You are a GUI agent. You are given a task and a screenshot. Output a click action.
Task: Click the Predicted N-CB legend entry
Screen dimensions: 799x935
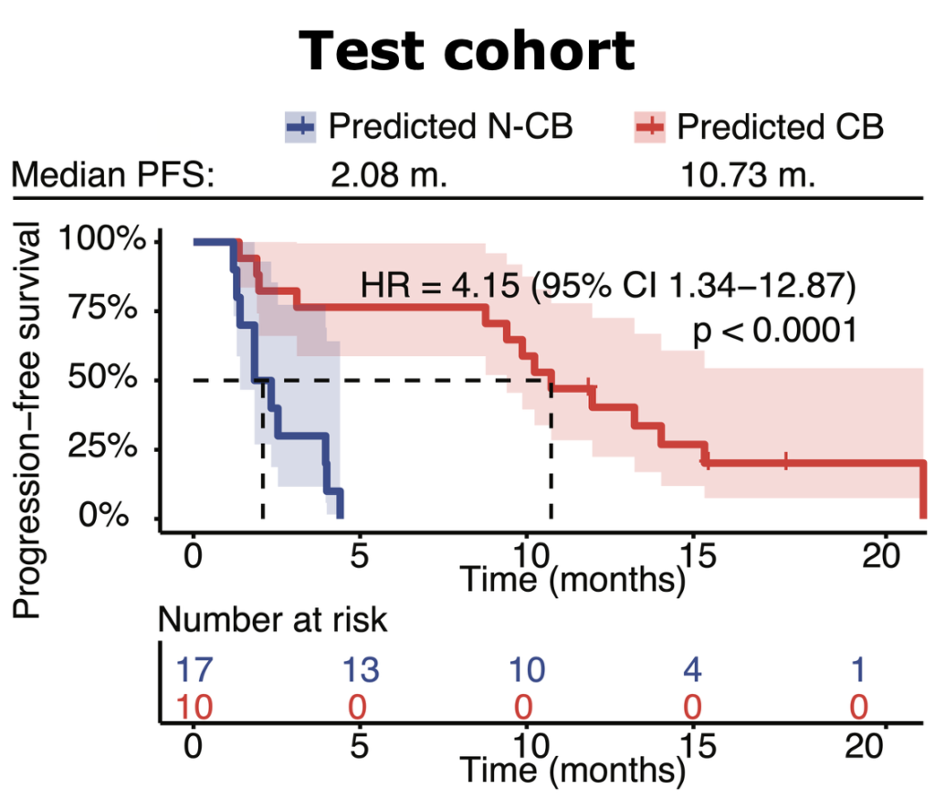click(x=429, y=127)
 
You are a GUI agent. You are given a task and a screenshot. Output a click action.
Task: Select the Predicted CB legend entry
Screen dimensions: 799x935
click(x=759, y=127)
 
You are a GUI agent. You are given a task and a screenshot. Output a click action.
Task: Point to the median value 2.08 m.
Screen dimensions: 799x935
click(x=389, y=173)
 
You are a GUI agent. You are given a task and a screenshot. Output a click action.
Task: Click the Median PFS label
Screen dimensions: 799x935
click(x=112, y=173)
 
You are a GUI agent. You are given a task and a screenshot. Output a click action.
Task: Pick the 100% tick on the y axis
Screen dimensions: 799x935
click(x=102, y=241)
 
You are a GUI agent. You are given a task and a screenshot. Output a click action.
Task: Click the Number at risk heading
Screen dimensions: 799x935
click(x=273, y=621)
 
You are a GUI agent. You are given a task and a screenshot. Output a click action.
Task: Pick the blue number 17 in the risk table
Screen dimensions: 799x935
click(x=194, y=671)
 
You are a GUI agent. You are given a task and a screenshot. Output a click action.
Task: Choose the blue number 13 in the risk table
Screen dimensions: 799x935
click(x=360, y=671)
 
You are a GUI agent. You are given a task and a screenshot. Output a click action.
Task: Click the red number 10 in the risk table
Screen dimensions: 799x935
click(x=194, y=707)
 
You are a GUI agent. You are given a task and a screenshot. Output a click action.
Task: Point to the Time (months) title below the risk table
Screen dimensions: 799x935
click(x=572, y=770)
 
